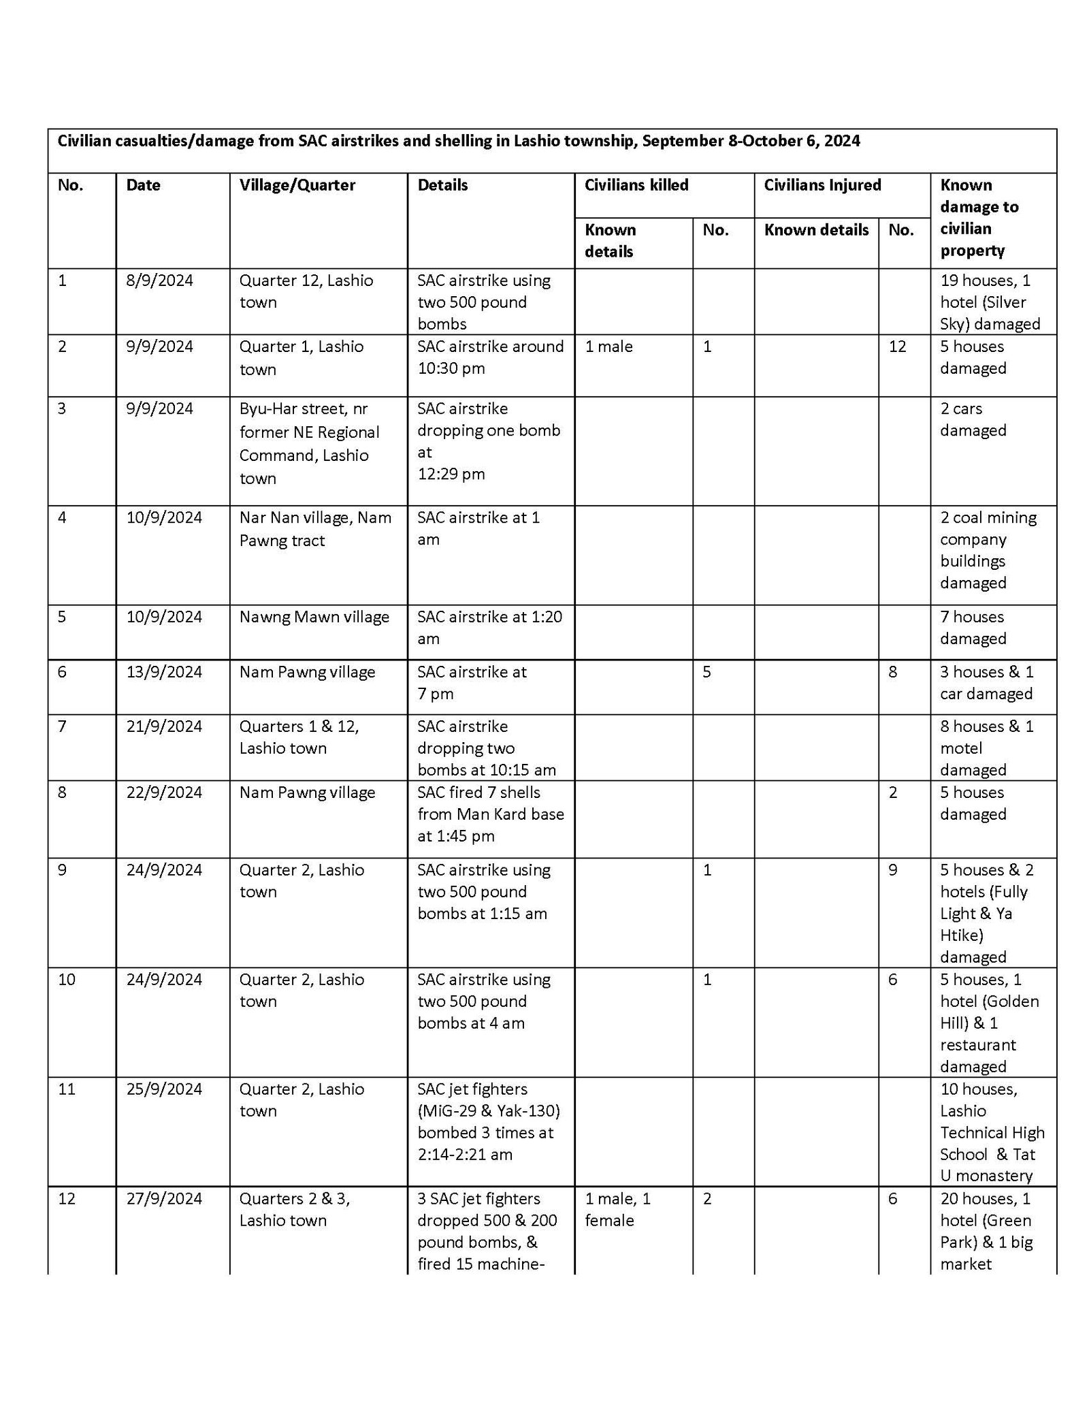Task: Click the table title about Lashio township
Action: (458, 141)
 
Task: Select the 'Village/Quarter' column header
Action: (297, 185)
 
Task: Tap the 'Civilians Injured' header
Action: (822, 185)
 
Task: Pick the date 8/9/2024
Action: (159, 281)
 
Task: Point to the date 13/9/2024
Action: (164, 672)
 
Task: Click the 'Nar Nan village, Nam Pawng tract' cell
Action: (315, 529)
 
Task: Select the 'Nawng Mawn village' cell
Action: (314, 617)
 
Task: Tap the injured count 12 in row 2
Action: (897, 347)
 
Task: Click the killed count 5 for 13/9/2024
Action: (706, 672)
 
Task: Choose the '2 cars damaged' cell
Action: (973, 419)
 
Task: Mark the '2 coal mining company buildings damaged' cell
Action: (988, 549)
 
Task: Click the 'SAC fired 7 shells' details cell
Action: (490, 814)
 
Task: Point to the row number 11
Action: (67, 1089)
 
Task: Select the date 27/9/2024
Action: (164, 1198)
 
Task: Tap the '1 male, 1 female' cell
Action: (617, 1209)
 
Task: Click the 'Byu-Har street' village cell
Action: (309, 443)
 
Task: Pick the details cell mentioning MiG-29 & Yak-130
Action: (488, 1121)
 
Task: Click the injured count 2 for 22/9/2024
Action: (892, 792)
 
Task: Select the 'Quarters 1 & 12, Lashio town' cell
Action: (299, 737)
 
